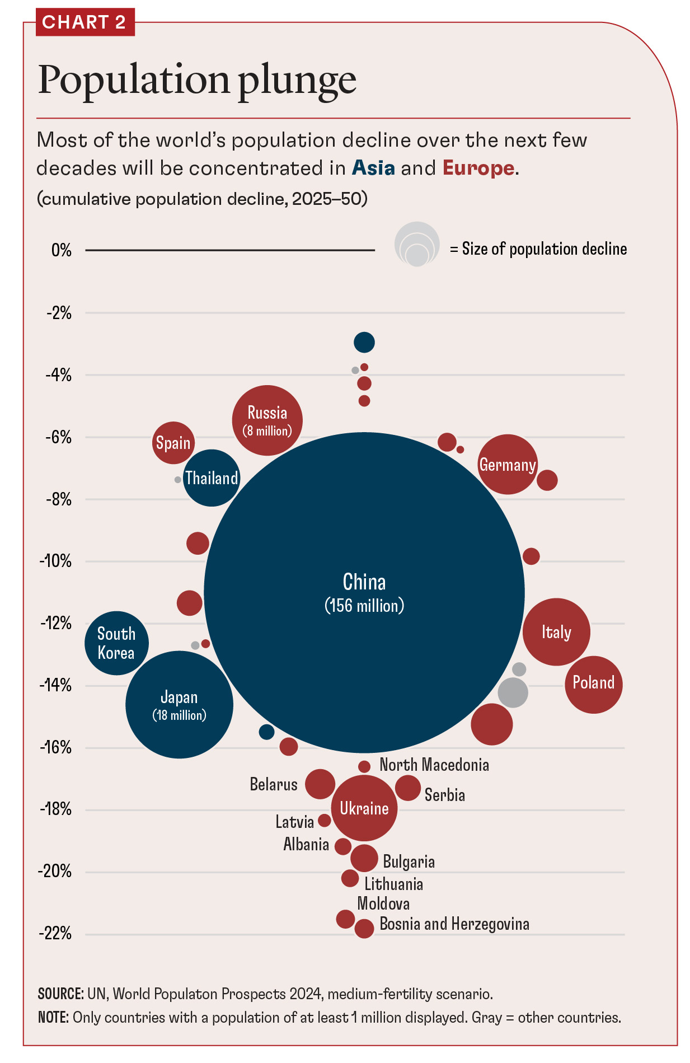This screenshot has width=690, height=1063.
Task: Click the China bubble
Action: (x=364, y=592)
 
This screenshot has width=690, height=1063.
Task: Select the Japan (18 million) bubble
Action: (x=179, y=705)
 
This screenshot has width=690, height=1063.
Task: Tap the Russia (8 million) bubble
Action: (x=267, y=420)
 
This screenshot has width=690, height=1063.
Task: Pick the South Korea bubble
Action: (x=116, y=643)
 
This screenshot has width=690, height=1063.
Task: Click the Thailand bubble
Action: (x=212, y=478)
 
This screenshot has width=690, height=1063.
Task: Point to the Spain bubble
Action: (x=173, y=443)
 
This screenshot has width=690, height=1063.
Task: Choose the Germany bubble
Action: (x=508, y=465)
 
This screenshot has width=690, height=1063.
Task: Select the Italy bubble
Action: (x=556, y=632)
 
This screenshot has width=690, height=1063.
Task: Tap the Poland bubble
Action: (x=593, y=684)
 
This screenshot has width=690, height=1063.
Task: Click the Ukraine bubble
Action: (x=364, y=808)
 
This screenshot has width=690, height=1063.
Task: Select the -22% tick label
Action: (x=55, y=933)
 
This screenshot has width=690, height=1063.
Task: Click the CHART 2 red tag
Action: (x=85, y=22)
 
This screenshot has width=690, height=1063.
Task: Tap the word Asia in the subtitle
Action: (x=373, y=168)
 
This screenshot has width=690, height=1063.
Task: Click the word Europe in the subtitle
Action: (x=478, y=168)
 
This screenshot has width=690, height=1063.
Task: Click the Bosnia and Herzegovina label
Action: (x=454, y=924)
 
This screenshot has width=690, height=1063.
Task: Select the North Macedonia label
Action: (x=434, y=765)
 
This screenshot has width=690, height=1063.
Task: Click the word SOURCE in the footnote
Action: (x=60, y=994)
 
